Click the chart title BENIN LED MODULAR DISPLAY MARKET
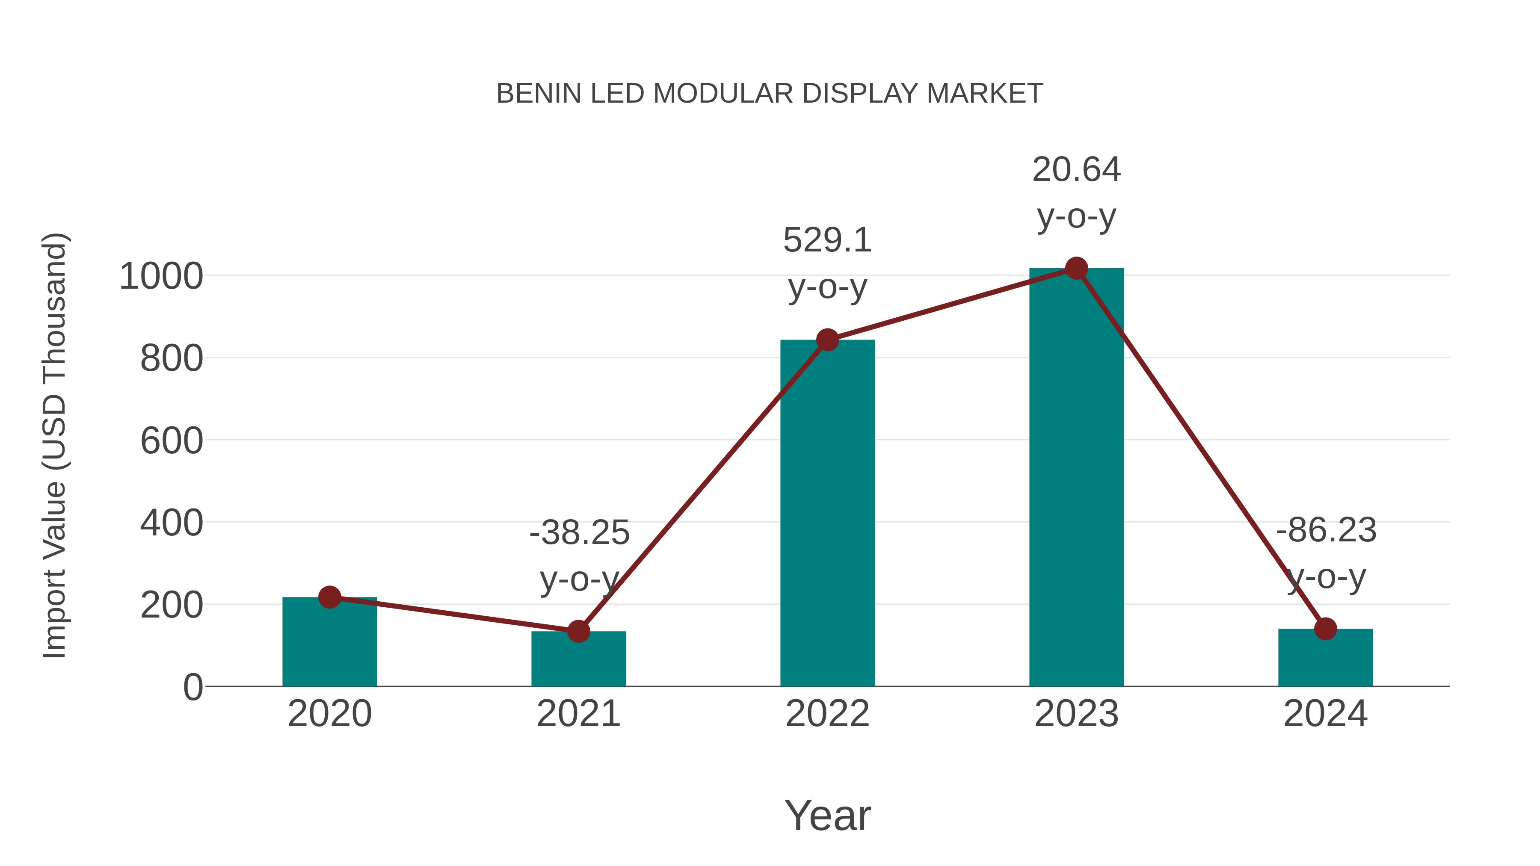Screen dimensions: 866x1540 point(770,94)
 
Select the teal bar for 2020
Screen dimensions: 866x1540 point(329,645)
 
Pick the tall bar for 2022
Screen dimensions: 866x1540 point(827,514)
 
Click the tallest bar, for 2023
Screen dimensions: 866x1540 point(1076,478)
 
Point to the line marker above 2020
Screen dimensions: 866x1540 point(329,597)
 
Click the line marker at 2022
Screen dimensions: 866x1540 point(827,340)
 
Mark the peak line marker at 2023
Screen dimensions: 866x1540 point(1076,268)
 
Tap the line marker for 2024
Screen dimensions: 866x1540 point(1325,629)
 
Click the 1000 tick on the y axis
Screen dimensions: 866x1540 point(161,277)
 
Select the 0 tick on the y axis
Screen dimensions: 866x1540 point(192,687)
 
